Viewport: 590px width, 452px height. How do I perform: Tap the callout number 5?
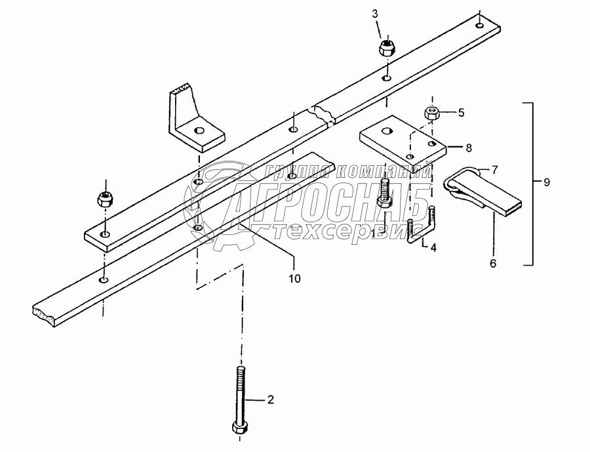point(461,112)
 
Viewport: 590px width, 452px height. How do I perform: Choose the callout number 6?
point(493,263)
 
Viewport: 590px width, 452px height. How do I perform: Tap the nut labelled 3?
point(385,48)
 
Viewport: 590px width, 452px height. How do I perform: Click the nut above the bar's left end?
point(104,197)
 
